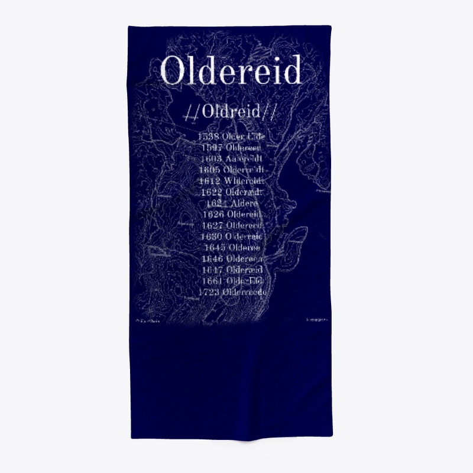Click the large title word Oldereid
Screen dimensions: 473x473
231,71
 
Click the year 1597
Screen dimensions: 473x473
212,148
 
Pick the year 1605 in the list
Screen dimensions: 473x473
211,170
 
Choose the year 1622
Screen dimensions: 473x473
212,193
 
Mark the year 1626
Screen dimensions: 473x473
213,215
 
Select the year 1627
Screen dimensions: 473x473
213,226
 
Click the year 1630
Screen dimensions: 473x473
212,237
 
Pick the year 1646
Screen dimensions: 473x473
213,259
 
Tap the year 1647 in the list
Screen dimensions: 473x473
213,270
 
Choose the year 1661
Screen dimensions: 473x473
212,281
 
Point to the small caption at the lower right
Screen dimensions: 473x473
317,320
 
